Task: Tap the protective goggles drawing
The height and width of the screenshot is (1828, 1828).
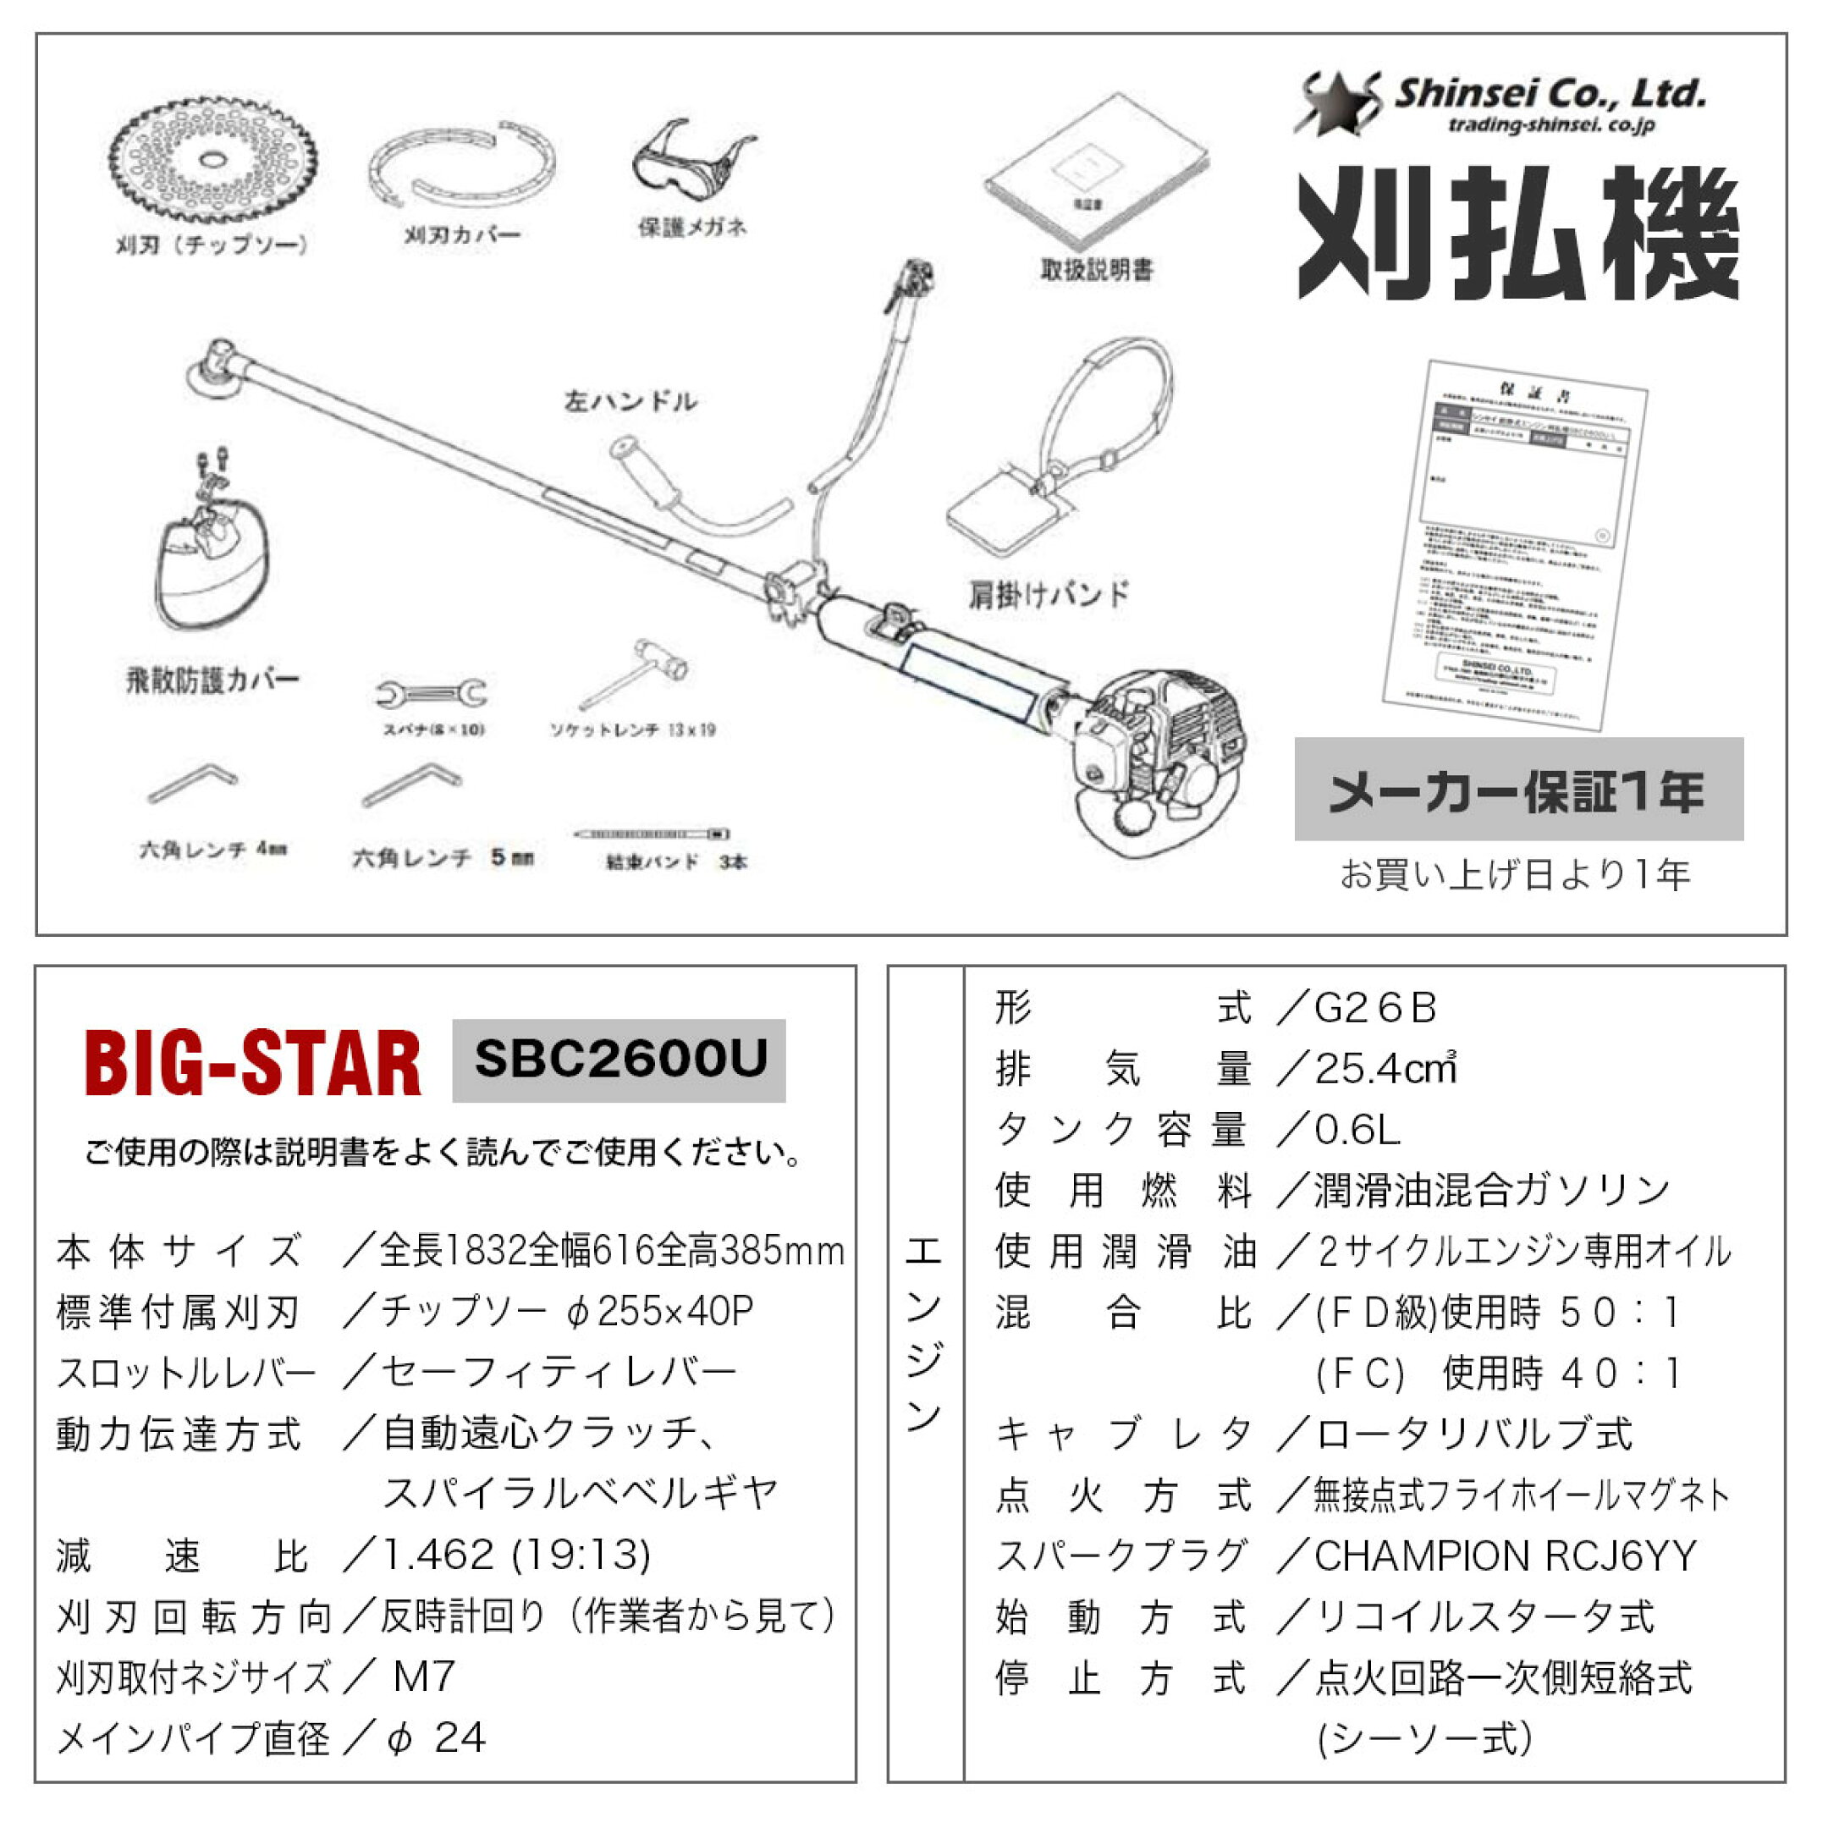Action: point(691,166)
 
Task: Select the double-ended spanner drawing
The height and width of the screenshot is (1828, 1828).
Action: point(432,695)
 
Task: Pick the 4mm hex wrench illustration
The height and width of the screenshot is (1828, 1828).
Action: point(193,784)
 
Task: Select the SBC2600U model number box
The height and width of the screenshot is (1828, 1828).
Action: point(619,1060)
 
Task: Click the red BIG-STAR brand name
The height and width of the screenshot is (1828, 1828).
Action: point(253,1064)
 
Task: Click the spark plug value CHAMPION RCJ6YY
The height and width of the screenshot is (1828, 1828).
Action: point(1505,1556)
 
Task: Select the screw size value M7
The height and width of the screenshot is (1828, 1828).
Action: point(424,1677)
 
